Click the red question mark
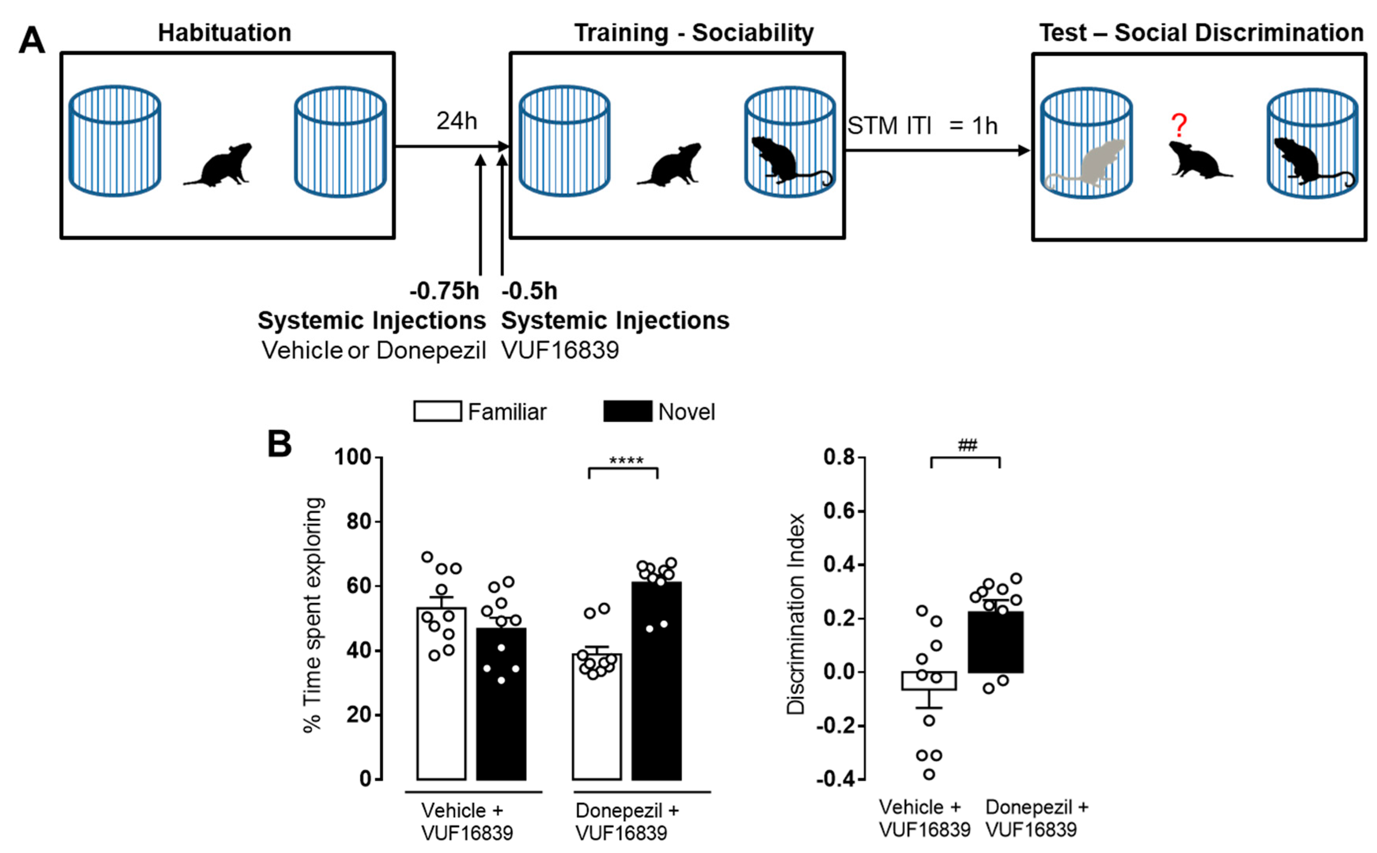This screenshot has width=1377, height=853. (1178, 125)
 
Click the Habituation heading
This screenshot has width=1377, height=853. (225, 33)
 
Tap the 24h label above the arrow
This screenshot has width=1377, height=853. (456, 121)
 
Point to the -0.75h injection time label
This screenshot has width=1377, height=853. (444, 291)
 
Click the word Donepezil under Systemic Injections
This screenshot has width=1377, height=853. (431, 350)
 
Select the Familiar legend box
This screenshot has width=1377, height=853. (437, 411)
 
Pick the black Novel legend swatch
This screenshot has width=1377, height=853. (628, 411)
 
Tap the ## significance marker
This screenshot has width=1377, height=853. (967, 446)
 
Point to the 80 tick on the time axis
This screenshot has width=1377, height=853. (358, 521)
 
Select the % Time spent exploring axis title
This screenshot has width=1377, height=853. (314, 615)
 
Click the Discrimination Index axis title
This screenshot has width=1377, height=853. (796, 614)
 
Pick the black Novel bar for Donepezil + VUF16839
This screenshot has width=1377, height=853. (656, 683)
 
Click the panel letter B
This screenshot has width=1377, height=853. (279, 444)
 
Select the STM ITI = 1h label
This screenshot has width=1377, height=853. (922, 126)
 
